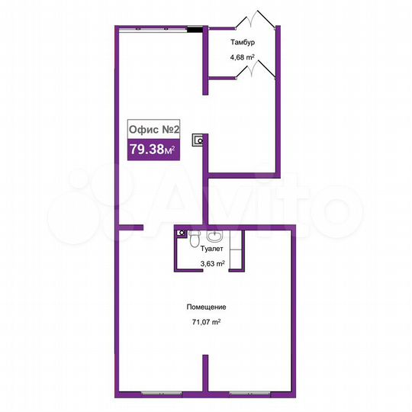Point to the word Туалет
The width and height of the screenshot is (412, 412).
tap(211, 249)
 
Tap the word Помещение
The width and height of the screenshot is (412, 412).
tap(206, 307)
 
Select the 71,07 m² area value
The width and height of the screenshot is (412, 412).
tap(206, 322)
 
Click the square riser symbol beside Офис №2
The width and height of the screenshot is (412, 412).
tap(199, 140)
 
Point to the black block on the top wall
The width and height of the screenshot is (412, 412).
tap(195, 30)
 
